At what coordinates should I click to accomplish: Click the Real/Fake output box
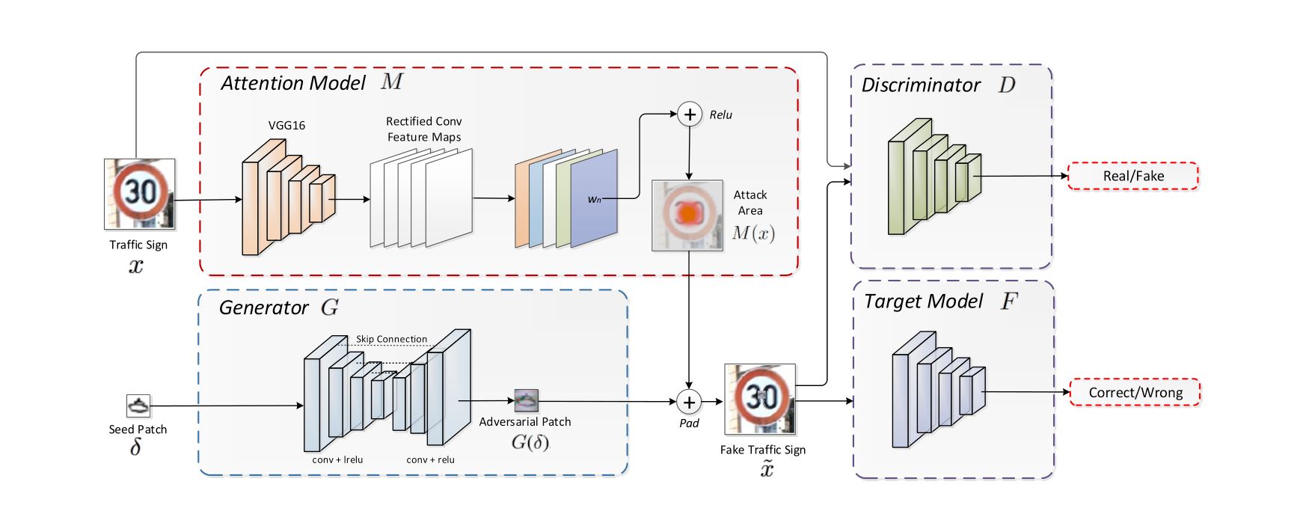tap(1132, 176)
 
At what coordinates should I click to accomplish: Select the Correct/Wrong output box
tap(1135, 393)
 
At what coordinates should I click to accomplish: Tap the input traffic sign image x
tap(140, 193)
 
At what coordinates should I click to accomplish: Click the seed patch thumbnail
tap(138, 406)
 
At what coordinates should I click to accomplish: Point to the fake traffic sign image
tap(759, 399)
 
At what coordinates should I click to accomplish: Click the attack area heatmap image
tap(687, 215)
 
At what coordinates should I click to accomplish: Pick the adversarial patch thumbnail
tap(526, 400)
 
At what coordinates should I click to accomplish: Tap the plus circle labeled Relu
tap(689, 114)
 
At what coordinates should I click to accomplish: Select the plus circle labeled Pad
tap(688, 402)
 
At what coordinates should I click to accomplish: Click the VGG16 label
tap(286, 126)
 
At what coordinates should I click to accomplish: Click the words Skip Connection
tap(391, 339)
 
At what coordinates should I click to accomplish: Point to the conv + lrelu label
tap(337, 459)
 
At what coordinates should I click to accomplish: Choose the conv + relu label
tap(430, 459)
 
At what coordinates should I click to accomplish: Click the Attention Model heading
tap(293, 83)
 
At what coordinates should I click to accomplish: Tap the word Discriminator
tap(921, 85)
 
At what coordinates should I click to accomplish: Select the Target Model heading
tap(923, 302)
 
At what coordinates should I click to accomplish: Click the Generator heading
tap(263, 308)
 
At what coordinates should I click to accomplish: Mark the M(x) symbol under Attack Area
tap(752, 233)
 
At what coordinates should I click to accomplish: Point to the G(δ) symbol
tap(530, 442)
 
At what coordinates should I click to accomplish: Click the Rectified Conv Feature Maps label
tap(423, 129)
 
